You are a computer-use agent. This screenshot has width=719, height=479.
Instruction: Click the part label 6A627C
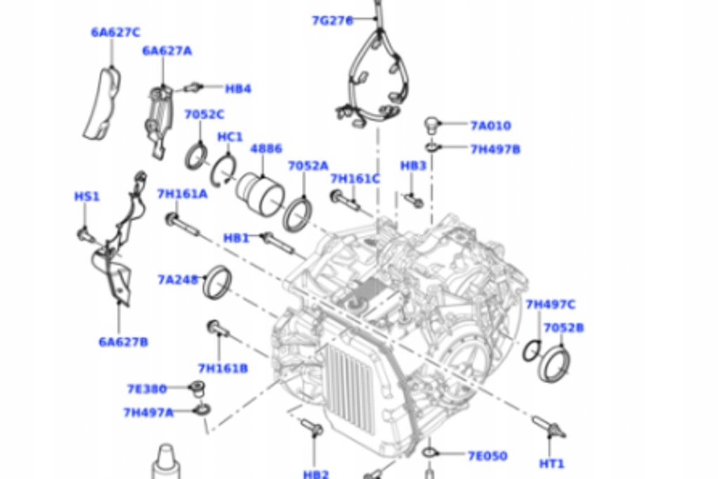pos(115,32)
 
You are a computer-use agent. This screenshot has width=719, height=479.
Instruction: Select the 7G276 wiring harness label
pos(332,20)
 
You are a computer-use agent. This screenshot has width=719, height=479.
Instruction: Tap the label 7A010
pos(490,126)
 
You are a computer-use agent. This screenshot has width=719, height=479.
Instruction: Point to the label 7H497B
pos(495,149)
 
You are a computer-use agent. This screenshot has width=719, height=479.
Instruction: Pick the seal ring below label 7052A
pos(297,214)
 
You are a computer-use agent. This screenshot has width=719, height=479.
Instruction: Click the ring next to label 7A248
pos(217,282)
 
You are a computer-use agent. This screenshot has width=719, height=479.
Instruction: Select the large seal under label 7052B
pos(554,364)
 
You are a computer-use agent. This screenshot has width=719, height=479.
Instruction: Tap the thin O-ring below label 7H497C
pos(532,350)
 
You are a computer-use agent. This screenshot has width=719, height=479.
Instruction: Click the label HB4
pos(238,89)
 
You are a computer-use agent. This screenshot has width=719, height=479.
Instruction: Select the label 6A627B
pos(123,342)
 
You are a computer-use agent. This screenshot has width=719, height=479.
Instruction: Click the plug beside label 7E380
pos(198,388)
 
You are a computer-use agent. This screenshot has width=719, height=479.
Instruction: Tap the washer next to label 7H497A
pos(202,409)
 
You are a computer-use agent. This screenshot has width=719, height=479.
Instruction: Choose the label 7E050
pos(487,456)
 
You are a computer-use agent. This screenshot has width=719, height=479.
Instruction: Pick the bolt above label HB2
pos(311,427)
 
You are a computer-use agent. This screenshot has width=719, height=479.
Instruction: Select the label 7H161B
pos(223,368)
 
